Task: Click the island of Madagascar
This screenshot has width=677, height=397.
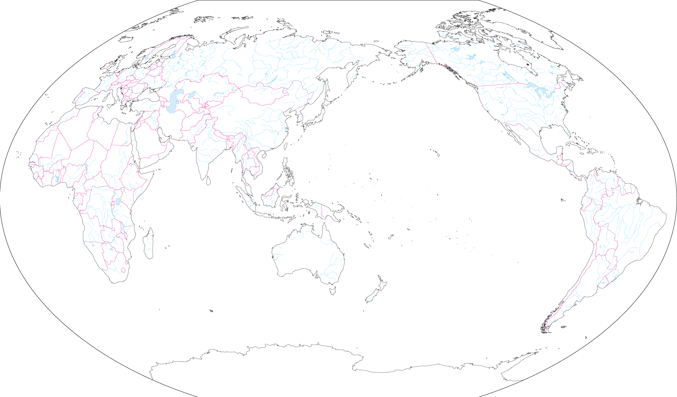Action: [x=149, y=244]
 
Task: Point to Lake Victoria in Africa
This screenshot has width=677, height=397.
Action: [x=118, y=202]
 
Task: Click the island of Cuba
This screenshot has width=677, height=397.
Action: [x=575, y=146]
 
